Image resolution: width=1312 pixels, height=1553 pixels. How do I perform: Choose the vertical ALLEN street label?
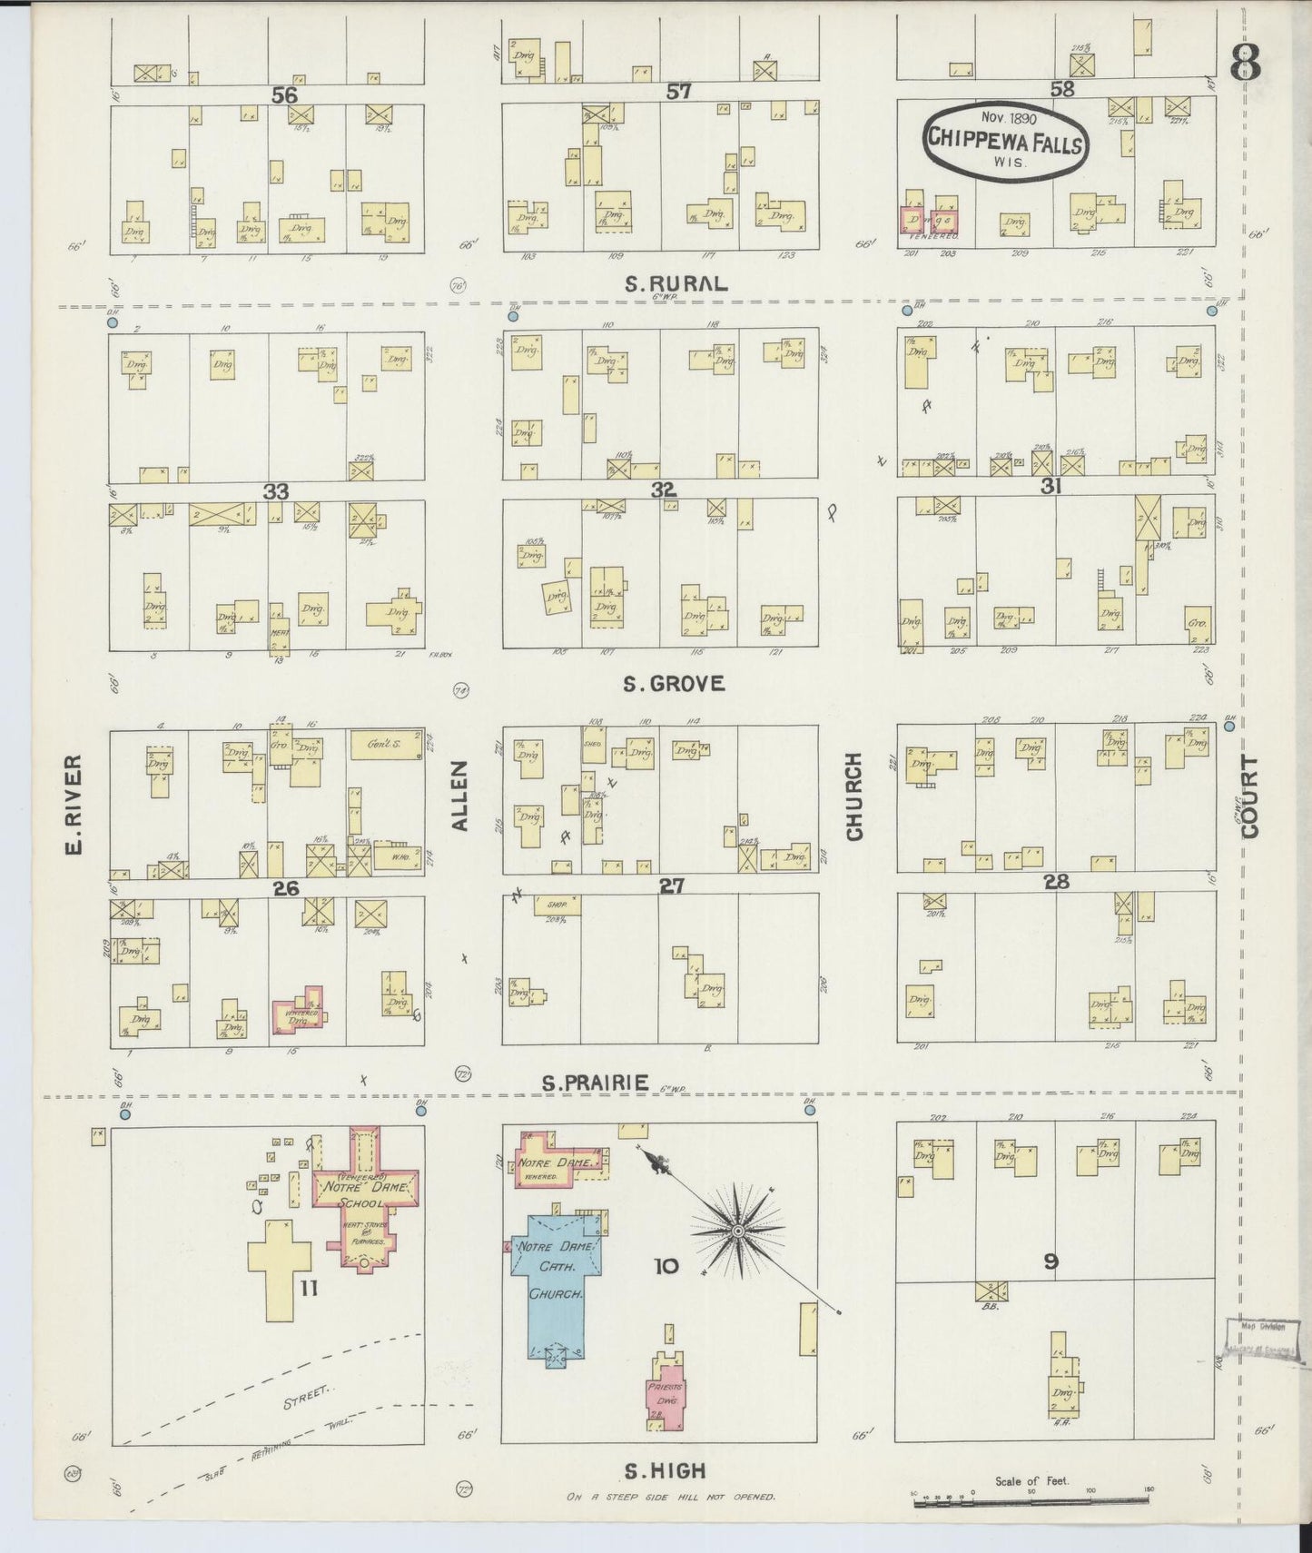click(460, 796)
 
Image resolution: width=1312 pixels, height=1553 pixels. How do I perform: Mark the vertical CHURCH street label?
click(853, 796)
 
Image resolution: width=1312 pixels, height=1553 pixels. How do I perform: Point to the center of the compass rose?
click(738, 1232)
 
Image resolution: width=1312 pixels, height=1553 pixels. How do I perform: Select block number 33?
click(276, 491)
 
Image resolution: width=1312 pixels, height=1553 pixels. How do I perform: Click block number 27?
click(671, 885)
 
